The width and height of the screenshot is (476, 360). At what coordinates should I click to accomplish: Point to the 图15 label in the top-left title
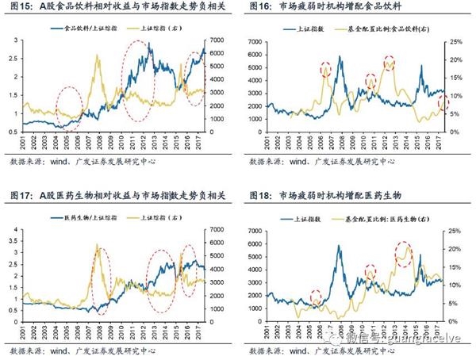click(21, 8)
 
